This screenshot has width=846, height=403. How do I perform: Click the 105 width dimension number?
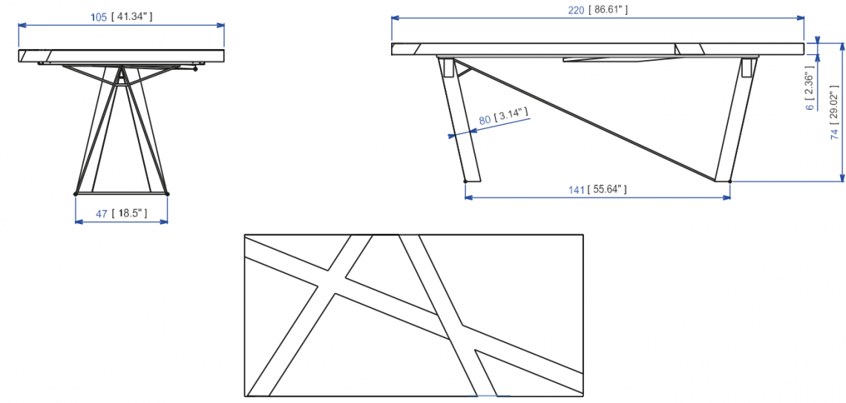click(99, 16)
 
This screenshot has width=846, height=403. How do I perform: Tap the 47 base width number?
click(102, 214)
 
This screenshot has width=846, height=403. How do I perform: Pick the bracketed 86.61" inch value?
click(609, 9)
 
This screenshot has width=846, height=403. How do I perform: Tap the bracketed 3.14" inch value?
click(513, 114)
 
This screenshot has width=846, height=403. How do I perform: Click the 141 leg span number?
click(577, 189)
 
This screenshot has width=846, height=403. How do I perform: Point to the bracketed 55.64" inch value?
click(607, 189)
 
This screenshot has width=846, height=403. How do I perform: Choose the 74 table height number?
click(834, 134)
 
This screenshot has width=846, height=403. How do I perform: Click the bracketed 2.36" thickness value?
click(810, 89)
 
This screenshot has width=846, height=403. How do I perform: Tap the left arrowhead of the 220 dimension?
click(395, 18)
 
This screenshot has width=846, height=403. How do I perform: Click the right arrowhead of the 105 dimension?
click(221, 24)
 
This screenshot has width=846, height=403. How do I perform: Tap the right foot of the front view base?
click(167, 194)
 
